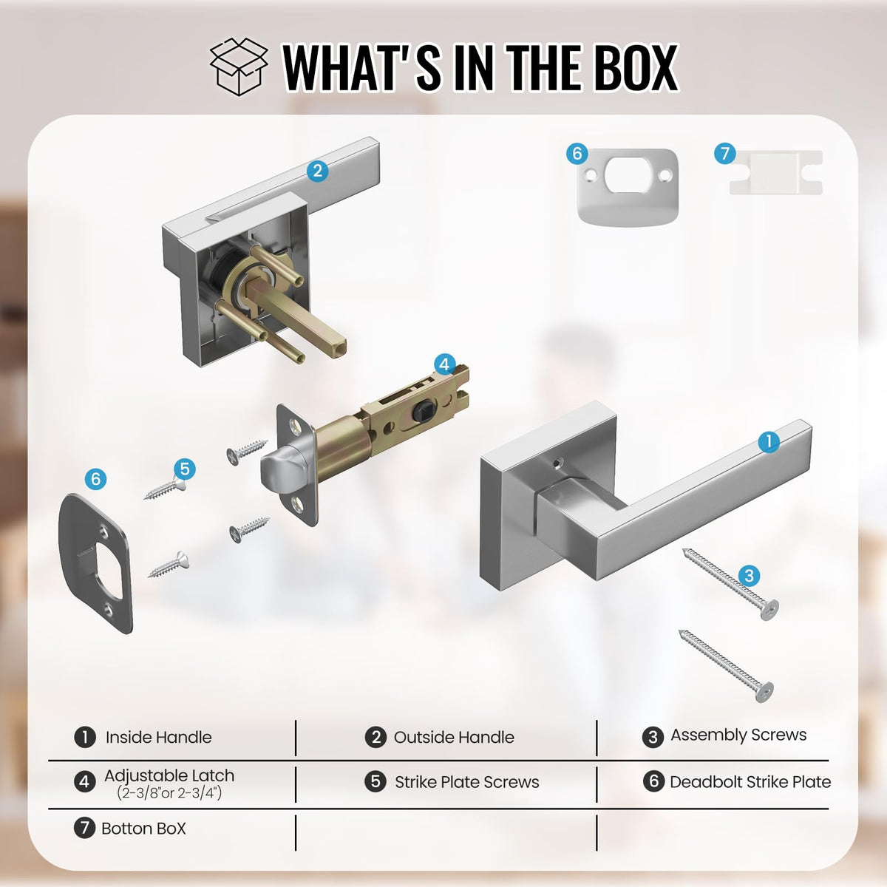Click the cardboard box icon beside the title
[x=239, y=67]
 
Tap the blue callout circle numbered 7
[x=725, y=153]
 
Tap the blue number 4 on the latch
[x=444, y=364]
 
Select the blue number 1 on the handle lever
[x=769, y=442]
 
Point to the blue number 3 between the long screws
[x=749, y=576]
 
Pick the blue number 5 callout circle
[x=185, y=469]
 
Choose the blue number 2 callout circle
[x=318, y=171]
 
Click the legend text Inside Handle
[x=158, y=737]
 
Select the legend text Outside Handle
[x=454, y=737]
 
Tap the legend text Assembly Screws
[x=738, y=735]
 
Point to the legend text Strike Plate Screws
[x=466, y=782]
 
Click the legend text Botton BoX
[x=143, y=829]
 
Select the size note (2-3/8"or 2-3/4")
[x=169, y=792]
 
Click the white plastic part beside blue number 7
[x=775, y=171]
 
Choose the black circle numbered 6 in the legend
[x=653, y=781]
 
